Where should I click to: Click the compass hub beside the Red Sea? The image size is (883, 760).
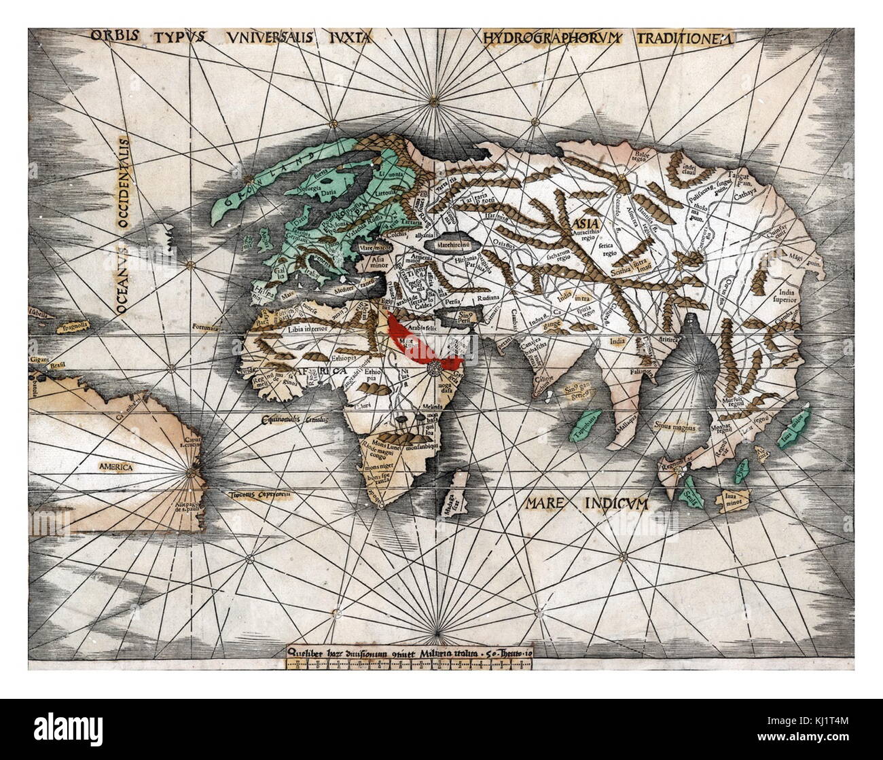[435, 367]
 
